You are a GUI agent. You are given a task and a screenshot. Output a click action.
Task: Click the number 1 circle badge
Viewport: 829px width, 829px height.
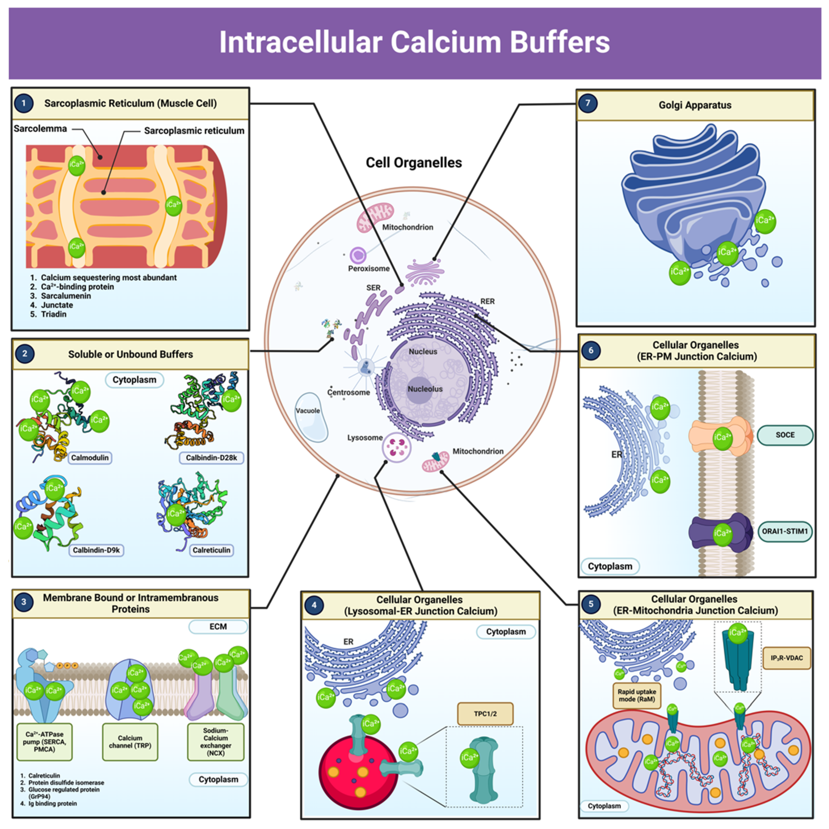click(x=23, y=103)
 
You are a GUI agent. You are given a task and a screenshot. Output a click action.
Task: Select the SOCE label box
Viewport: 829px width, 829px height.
click(x=785, y=435)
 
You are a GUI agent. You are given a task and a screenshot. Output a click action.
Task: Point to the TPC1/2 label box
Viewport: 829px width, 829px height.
click(x=485, y=714)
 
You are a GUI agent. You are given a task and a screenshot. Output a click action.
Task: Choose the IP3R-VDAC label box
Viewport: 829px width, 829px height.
click(x=787, y=658)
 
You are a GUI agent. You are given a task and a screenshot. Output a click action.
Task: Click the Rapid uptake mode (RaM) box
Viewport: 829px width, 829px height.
click(x=636, y=695)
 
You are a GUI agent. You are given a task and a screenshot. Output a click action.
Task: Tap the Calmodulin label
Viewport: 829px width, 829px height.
click(x=90, y=458)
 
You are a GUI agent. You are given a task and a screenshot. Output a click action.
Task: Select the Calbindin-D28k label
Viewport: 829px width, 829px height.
click(x=211, y=458)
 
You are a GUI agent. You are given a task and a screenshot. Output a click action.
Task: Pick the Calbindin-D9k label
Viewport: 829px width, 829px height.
click(x=96, y=550)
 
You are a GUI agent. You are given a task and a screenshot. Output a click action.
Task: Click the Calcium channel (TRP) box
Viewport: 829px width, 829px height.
click(x=130, y=742)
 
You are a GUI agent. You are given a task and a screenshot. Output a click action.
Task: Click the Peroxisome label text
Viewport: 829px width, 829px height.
click(x=369, y=269)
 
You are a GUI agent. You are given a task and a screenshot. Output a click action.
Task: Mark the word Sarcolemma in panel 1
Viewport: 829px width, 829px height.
click(x=40, y=129)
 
